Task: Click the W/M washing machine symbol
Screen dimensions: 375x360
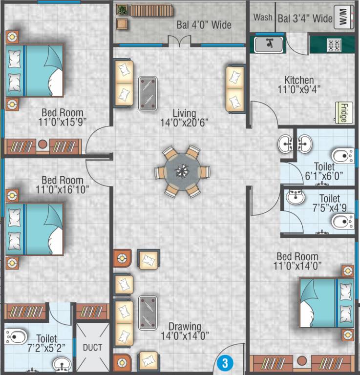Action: (x=343, y=18)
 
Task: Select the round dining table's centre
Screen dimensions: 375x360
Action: (x=182, y=171)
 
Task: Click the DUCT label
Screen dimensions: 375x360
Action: (x=92, y=348)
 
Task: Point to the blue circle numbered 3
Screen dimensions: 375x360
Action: (x=225, y=363)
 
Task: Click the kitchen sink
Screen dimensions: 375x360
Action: (x=268, y=44)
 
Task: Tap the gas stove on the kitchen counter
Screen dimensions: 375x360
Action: (x=334, y=44)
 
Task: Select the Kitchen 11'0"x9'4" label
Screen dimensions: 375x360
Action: (x=299, y=85)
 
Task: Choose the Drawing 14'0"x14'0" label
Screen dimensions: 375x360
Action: (x=185, y=331)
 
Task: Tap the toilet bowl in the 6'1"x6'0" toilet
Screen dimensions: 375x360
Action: (x=343, y=156)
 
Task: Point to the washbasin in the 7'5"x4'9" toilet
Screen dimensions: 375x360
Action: (x=296, y=197)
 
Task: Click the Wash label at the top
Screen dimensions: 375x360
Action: (x=263, y=18)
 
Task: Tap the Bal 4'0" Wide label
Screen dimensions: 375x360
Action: (x=204, y=24)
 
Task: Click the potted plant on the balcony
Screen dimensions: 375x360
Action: (x=122, y=9)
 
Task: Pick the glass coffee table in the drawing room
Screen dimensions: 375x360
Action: (x=148, y=313)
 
